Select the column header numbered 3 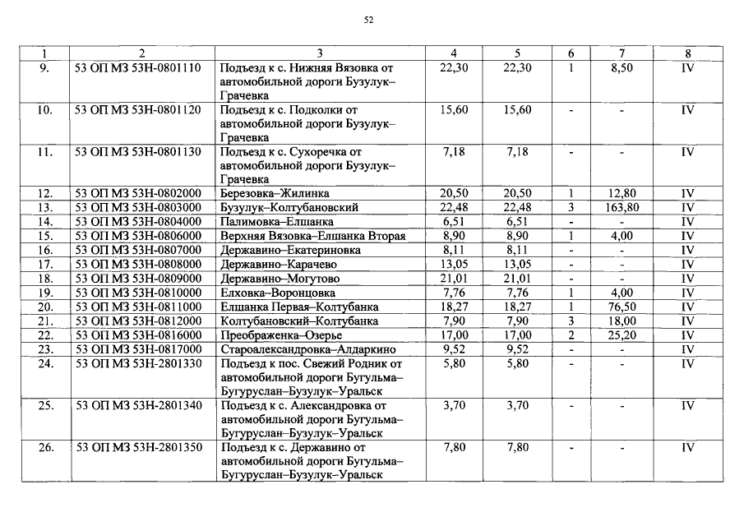coord(319,54)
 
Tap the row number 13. coord(45,207)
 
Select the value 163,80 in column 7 coord(622,207)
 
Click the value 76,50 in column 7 coord(622,307)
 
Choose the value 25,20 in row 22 coord(622,335)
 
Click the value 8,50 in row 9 coord(622,68)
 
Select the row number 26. coord(45,447)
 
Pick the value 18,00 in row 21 coord(622,321)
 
